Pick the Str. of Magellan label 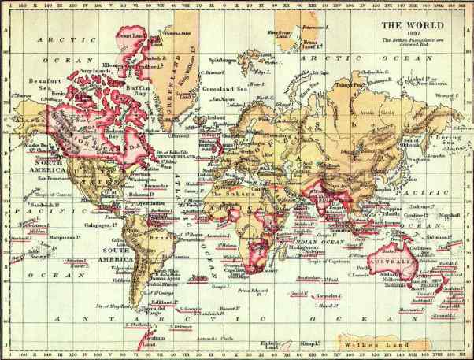click(113, 306)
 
